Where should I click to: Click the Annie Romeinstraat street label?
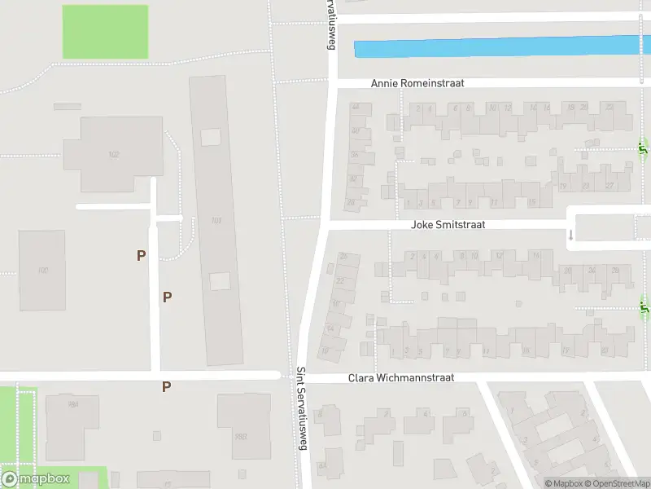[x=417, y=83]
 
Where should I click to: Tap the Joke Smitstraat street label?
[x=449, y=224]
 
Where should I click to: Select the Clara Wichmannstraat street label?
[x=400, y=378]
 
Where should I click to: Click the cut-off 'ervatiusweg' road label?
[x=330, y=26]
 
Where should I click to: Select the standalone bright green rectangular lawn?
[x=105, y=32]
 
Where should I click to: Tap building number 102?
[x=113, y=154]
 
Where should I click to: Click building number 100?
[x=42, y=270]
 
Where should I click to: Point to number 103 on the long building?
[x=216, y=220]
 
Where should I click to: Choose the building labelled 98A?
[x=72, y=405]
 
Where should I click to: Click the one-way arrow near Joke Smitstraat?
[x=570, y=235]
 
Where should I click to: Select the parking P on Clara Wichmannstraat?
[x=166, y=387]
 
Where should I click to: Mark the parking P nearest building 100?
[x=142, y=255]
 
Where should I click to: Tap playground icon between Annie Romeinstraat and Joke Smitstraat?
[x=644, y=148]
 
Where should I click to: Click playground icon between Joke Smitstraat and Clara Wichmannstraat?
[x=644, y=307]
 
